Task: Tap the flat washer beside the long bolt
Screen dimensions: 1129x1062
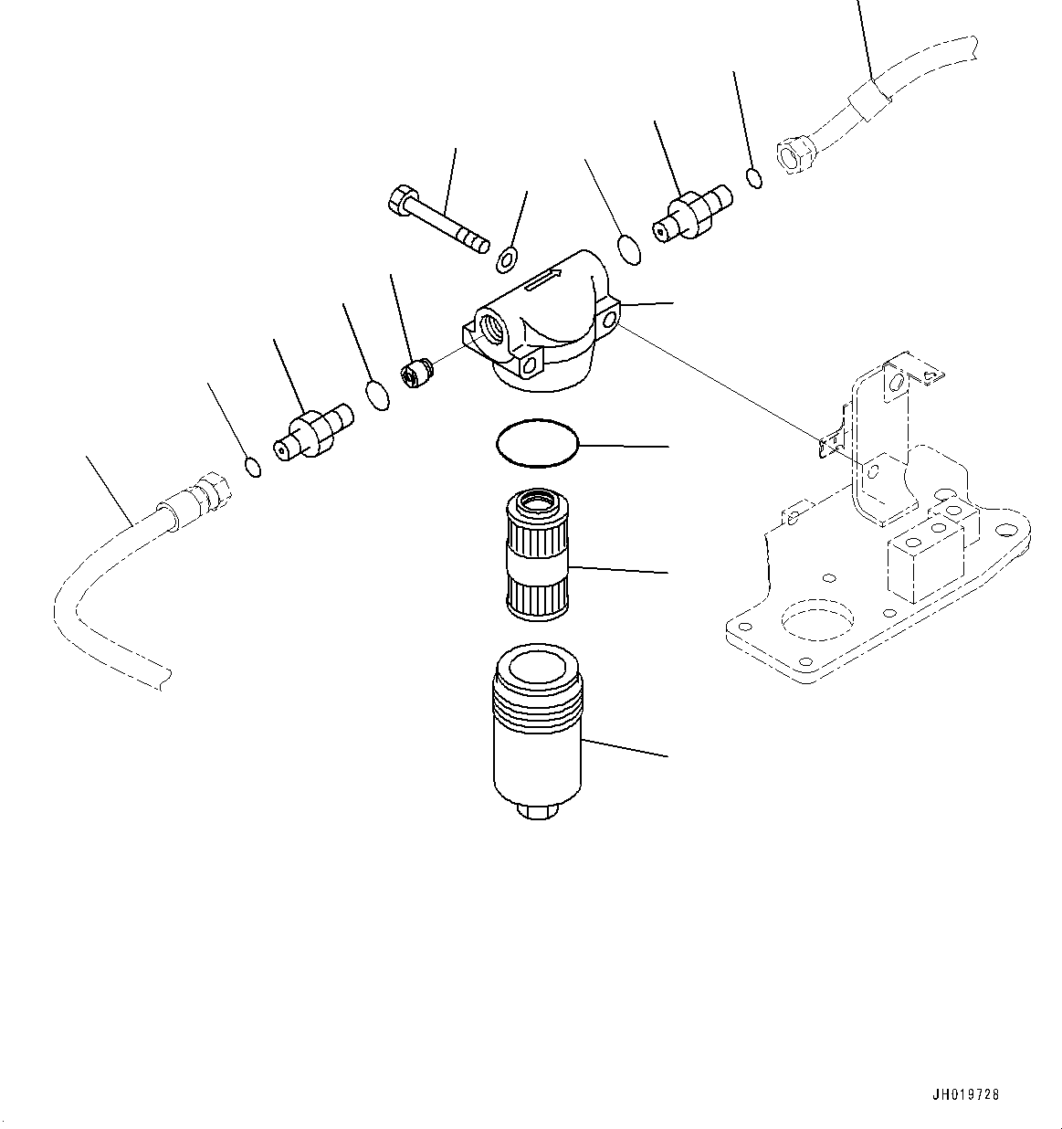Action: pos(507,260)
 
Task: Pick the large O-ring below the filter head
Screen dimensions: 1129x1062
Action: pos(537,443)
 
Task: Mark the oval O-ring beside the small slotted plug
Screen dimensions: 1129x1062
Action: pos(377,396)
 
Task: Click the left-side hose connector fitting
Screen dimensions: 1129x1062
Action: pos(313,432)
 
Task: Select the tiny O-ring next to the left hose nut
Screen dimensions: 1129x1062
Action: pos(254,468)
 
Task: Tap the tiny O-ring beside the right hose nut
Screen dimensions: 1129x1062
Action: pos(754,178)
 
